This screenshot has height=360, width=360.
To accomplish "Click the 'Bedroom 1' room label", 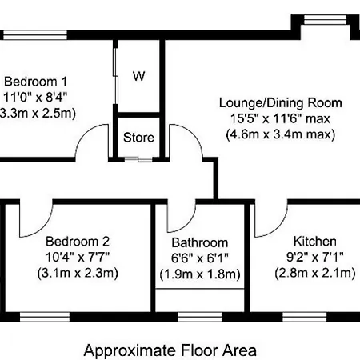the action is (35, 82).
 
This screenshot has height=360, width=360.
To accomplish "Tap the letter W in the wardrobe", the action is (138, 76).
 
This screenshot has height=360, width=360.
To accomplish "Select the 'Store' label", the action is (138, 138).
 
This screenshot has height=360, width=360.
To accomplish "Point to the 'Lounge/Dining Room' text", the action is (280, 103).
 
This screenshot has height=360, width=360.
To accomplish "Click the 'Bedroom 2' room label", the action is (78, 242).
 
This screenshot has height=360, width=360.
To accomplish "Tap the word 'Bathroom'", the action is (200, 242).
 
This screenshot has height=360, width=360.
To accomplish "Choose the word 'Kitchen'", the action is (314, 241).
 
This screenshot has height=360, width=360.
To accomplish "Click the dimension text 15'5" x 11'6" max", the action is (280, 118).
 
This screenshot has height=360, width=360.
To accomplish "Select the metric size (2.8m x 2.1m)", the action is (315, 273).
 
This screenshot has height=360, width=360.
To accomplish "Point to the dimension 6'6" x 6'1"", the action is (200, 258).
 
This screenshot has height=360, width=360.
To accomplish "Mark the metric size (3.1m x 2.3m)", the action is (78, 273).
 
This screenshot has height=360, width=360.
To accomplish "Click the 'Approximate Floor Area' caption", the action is (170, 350).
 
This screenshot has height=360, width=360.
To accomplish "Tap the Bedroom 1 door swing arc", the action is (86, 134).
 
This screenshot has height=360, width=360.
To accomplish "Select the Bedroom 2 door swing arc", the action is (42, 229).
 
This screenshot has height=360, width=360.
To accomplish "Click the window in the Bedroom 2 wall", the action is (45, 317).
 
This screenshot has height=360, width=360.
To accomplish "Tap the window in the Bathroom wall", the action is (200, 317).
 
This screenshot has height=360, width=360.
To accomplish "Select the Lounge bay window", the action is (326, 20).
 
